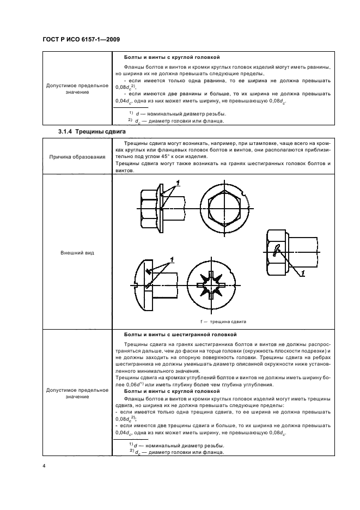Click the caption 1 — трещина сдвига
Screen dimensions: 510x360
click(224, 321)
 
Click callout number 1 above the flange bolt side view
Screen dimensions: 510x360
click(178, 181)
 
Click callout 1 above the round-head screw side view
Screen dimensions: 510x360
click(172, 258)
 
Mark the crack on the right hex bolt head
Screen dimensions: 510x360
click(277, 250)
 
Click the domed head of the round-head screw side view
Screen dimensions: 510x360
click(141, 285)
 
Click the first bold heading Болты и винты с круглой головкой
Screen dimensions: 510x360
click(172, 57)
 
